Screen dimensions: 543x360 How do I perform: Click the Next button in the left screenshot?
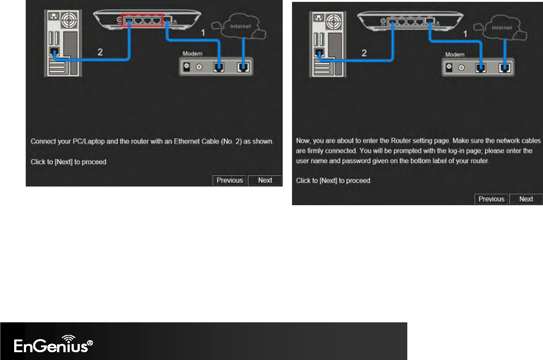point(265,180)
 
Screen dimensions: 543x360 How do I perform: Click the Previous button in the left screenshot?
point(229,180)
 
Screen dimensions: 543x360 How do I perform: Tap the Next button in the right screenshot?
point(526,199)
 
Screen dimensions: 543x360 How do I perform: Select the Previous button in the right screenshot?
point(491,199)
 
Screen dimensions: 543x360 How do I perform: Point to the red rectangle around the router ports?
point(142,21)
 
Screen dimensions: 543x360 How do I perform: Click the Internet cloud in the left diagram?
point(240,26)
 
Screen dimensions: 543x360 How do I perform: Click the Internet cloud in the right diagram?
point(502,28)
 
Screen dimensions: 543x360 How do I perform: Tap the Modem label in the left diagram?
point(192,54)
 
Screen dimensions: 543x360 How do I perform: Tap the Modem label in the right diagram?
point(455,54)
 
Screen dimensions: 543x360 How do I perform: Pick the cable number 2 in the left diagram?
point(100,52)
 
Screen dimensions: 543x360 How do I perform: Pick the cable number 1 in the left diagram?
point(203,33)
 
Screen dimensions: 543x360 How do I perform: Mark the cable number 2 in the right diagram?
point(364,53)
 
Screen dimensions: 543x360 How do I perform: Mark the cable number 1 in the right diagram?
point(465,34)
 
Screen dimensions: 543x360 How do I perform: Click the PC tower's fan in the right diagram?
point(333,21)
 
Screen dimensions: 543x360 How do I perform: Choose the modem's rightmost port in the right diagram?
point(505,68)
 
